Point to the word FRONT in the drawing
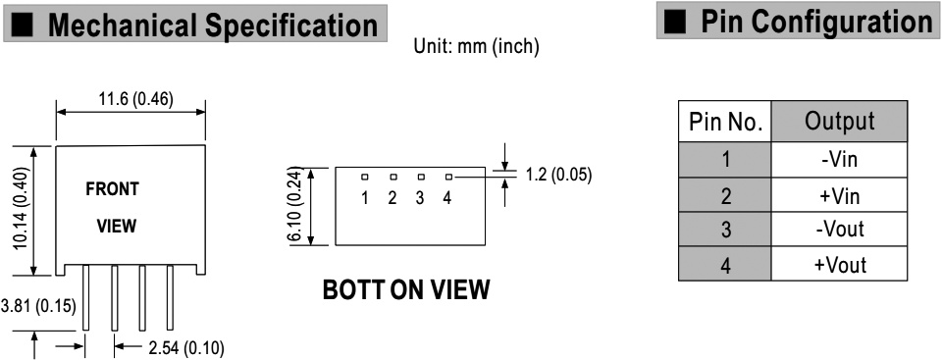click(112, 188)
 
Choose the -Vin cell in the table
click(839, 159)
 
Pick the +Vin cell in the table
click(839, 195)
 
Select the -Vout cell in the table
click(839, 231)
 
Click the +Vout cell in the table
click(839, 266)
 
